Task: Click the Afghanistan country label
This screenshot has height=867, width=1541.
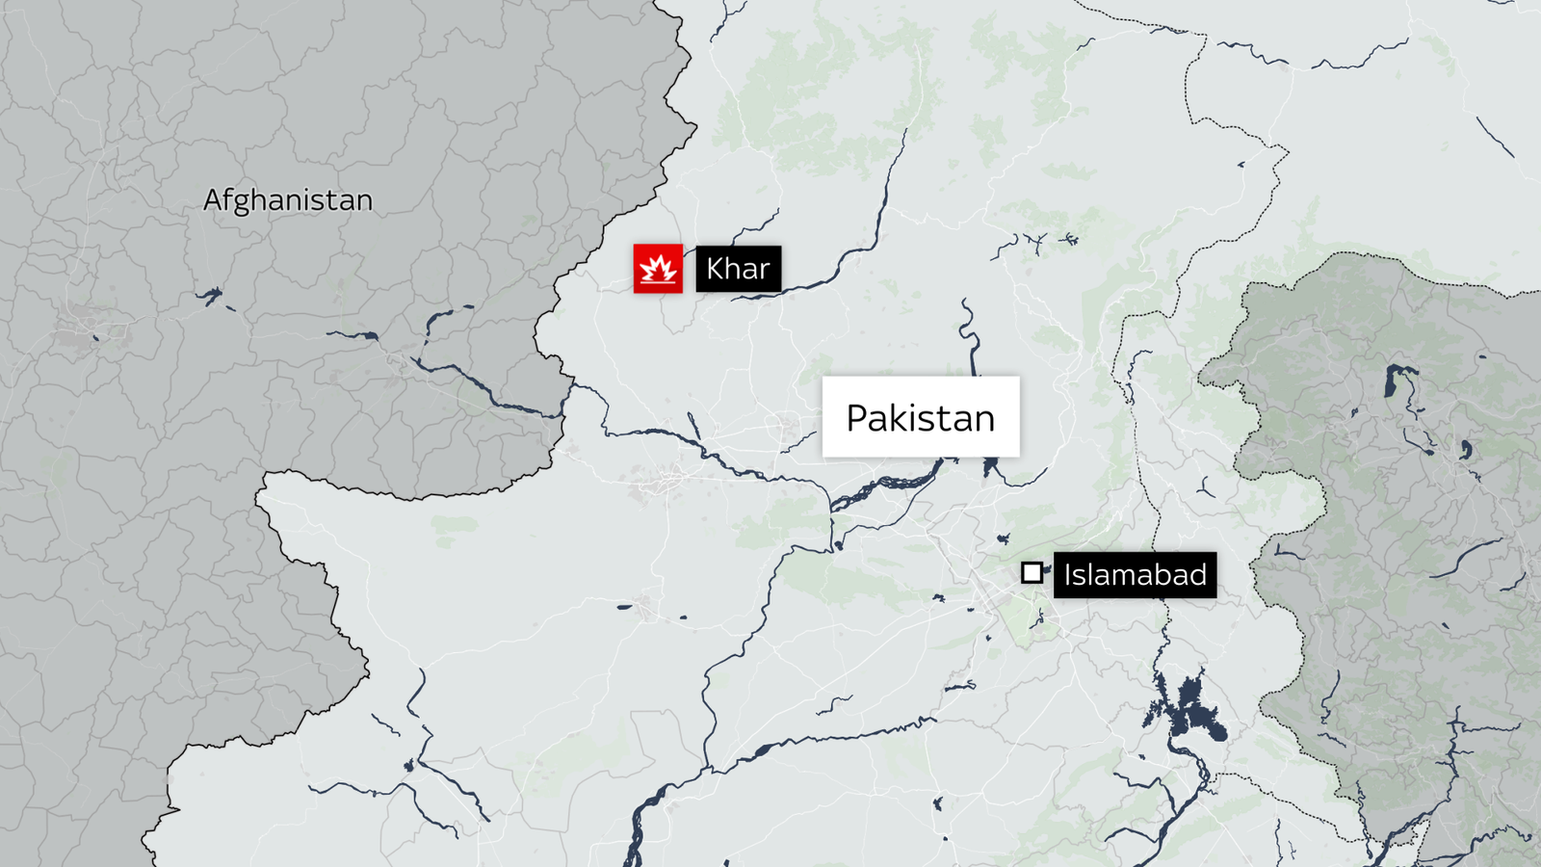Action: click(287, 200)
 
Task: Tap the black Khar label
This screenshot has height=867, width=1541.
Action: click(738, 269)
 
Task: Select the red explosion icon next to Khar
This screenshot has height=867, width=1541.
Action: click(658, 269)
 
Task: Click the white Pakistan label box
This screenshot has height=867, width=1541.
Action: click(920, 416)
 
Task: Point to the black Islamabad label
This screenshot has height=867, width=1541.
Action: click(1135, 575)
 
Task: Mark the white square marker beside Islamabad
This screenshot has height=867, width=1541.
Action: click(1032, 573)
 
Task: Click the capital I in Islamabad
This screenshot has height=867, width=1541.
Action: click(1068, 575)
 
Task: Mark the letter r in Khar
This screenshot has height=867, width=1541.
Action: click(765, 271)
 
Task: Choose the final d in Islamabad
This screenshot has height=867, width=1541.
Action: click(1197, 575)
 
